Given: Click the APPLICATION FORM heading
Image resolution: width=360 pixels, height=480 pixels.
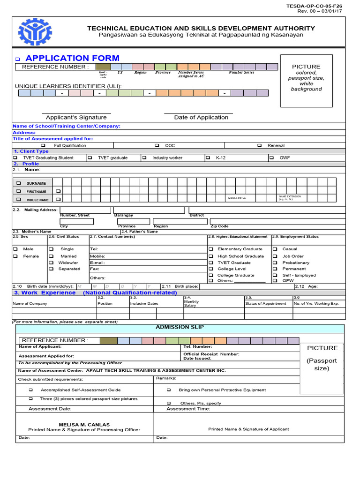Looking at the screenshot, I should pyautogui.click(x=72, y=58).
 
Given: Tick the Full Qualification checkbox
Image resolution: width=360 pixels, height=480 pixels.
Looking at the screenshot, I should pyautogui.click(x=43, y=146).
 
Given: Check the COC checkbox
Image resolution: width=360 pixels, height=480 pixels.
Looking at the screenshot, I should pyautogui.click(x=157, y=146).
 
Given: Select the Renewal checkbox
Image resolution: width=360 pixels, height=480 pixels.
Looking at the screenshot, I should pyautogui.click(x=259, y=146).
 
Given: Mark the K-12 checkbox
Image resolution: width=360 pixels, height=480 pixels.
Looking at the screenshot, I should pyautogui.click(x=208, y=158).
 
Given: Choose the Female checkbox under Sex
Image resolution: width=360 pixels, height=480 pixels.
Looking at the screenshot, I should pyautogui.click(x=15, y=256).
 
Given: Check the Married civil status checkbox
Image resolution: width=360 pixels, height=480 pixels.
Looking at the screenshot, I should pyautogui.click(x=51, y=256).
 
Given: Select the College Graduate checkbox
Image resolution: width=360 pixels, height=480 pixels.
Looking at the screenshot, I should pyautogui.click(x=211, y=275).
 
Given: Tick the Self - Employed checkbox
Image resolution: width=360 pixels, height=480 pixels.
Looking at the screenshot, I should pyautogui.click(x=275, y=275).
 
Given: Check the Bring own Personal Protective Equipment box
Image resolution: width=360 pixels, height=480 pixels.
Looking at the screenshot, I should pyautogui.click(x=169, y=390).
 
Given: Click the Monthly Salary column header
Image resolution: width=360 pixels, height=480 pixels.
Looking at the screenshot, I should pyautogui.click(x=191, y=303).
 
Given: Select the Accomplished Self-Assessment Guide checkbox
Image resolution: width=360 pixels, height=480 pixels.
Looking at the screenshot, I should pyautogui.click(x=31, y=390).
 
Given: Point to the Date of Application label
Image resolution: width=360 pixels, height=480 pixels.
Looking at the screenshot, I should pyautogui.click(x=201, y=118).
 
